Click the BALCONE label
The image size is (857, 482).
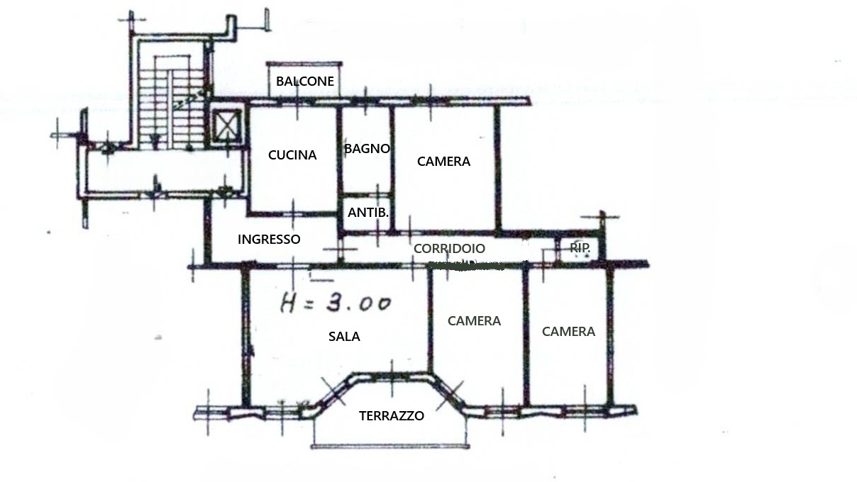305,81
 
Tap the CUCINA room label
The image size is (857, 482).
292,155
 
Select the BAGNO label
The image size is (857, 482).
367,148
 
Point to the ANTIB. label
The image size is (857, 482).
368,213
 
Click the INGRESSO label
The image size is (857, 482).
269,240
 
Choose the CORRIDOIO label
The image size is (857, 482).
449,249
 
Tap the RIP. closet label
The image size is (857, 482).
580,247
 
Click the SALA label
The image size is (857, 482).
344,337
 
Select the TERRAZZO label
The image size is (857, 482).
392,415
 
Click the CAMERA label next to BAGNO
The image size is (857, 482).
443,162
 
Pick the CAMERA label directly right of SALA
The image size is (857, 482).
474,320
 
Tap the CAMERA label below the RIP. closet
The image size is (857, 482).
568,332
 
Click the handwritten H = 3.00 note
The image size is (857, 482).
336,303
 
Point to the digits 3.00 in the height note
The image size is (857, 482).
358,303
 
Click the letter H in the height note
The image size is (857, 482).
289,303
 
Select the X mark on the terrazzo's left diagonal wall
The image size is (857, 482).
333,391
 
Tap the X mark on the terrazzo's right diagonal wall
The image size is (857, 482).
450,396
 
